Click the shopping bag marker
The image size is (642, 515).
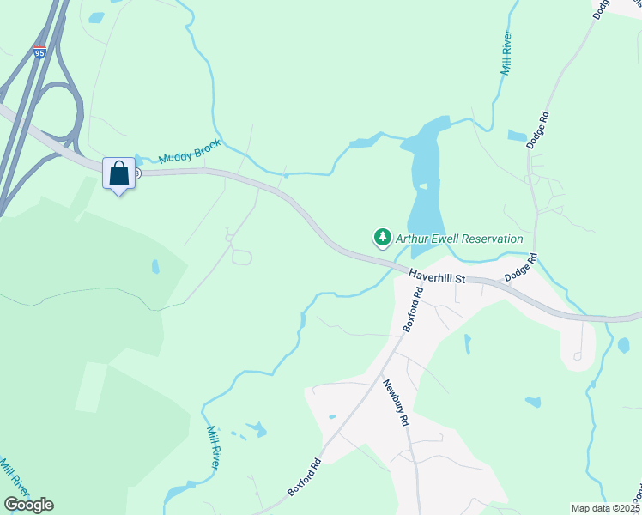118,173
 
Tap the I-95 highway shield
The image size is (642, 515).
40,53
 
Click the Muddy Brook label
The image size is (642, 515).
190,151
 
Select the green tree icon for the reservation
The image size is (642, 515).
382,238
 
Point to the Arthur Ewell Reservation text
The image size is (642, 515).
458,239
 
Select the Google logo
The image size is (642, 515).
28,505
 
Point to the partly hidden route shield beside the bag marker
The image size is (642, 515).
137,173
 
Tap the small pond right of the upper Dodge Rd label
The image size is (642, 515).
517,136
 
